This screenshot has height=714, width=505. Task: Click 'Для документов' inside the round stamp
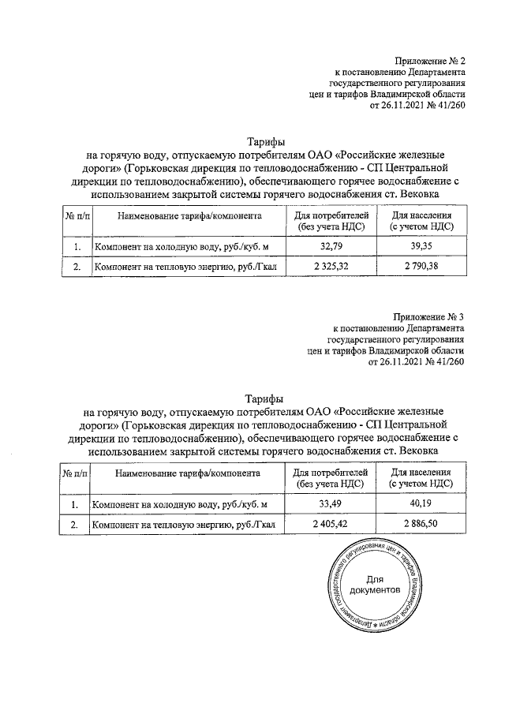click(375, 585)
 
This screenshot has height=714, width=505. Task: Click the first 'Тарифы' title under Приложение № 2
click(264, 140)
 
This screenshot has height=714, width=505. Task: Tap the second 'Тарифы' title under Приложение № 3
click(264, 398)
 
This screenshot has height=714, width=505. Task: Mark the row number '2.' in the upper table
click(77, 267)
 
